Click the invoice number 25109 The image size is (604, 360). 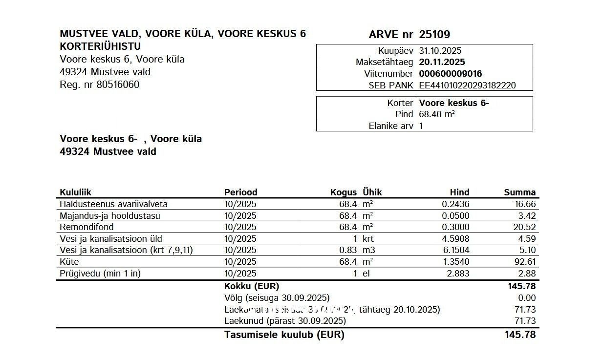point(434,34)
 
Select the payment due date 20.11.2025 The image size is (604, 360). point(442,62)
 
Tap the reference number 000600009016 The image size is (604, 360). point(450,74)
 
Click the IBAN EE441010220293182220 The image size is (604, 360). point(467,85)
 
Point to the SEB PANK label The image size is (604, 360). point(391,85)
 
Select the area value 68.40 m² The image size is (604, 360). point(437,114)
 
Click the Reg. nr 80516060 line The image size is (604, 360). point(99,85)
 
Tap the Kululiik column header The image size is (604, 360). point(75,192)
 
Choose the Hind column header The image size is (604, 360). point(459,192)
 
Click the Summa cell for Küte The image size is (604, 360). point(526,262)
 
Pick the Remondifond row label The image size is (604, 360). point(86,227)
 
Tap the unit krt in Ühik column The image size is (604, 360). point(367,239)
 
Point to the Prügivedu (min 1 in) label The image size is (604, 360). point(100,274)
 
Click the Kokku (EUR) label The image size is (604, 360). point(251,286)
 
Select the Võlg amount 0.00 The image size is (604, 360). point(527,298)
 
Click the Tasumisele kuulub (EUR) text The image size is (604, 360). point(284,335)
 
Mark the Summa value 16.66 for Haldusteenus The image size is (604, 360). point(526,204)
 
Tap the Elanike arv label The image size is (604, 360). point(391,126)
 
